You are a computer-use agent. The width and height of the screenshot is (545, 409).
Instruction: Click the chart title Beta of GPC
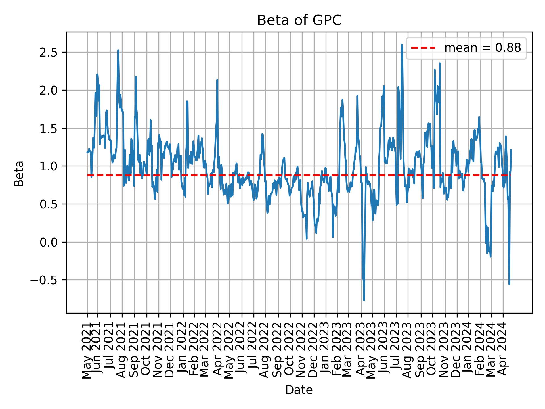click(299, 20)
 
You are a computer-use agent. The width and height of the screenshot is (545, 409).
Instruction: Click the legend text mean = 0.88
click(483, 48)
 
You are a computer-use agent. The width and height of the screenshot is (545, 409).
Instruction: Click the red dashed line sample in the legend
click(423, 48)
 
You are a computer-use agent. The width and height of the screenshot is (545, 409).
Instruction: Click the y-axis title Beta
click(19, 174)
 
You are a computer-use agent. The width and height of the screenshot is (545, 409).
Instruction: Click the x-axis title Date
click(299, 390)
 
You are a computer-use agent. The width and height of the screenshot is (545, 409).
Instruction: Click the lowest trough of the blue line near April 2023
click(364, 300)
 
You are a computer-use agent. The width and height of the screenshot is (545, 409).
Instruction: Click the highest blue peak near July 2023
click(402, 45)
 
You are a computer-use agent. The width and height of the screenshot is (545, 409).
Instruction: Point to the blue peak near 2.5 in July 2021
click(118, 51)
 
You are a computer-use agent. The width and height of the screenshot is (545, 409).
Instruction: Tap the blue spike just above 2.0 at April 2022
click(217, 80)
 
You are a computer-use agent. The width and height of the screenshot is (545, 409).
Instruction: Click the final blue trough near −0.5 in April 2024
click(509, 284)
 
